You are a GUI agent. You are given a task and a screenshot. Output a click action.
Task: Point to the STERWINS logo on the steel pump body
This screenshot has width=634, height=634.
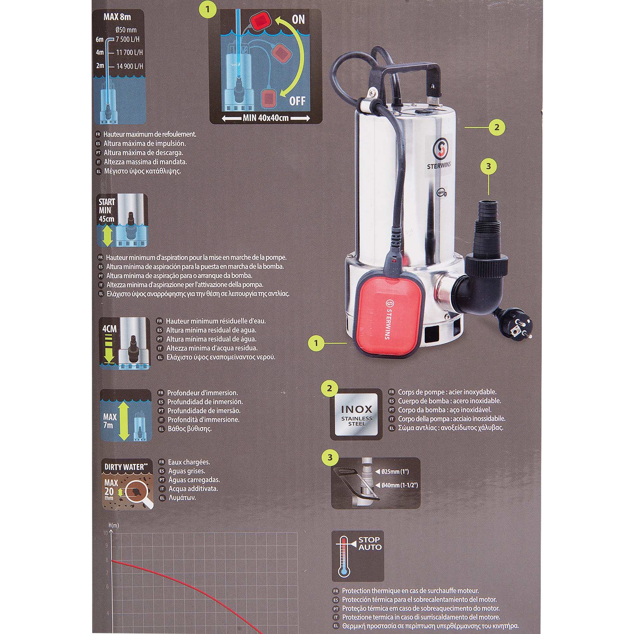[x=439, y=155]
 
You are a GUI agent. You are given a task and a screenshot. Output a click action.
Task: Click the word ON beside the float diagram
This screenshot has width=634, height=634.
[x=298, y=20]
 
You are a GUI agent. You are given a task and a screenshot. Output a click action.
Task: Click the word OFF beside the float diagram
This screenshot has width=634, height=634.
[x=297, y=101]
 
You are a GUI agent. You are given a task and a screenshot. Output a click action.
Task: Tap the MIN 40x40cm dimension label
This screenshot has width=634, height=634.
[x=266, y=118]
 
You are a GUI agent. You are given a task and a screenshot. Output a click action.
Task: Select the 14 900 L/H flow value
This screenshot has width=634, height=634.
[x=130, y=66]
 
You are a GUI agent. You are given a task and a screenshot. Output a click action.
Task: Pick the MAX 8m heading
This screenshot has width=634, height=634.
[x=117, y=17]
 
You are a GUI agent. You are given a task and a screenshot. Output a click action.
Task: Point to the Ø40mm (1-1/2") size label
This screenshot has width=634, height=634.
[x=399, y=485]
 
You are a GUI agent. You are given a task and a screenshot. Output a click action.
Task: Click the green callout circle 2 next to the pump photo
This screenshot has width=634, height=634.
[x=497, y=127]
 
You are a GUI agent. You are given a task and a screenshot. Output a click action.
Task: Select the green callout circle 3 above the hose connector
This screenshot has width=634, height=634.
[x=488, y=166]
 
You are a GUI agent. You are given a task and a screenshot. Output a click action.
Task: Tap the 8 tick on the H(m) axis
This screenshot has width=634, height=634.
[x=107, y=560]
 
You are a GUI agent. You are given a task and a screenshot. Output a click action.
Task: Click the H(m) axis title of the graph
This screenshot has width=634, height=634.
[x=114, y=525]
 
